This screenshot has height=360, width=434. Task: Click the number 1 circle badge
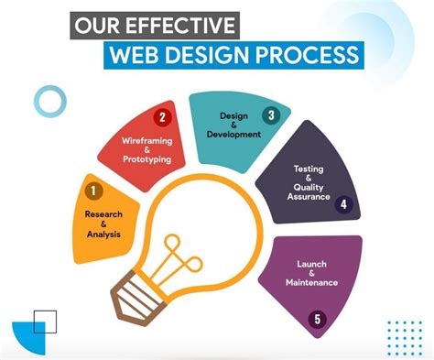92,191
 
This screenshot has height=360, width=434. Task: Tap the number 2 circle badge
163,117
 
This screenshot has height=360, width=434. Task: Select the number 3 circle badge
271,115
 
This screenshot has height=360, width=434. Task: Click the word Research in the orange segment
103,213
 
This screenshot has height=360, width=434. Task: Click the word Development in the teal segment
234,135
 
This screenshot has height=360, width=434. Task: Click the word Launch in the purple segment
311,265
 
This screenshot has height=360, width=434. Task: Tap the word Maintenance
311,282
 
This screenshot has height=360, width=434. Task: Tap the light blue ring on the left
49,102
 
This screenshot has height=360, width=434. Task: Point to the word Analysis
103,235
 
